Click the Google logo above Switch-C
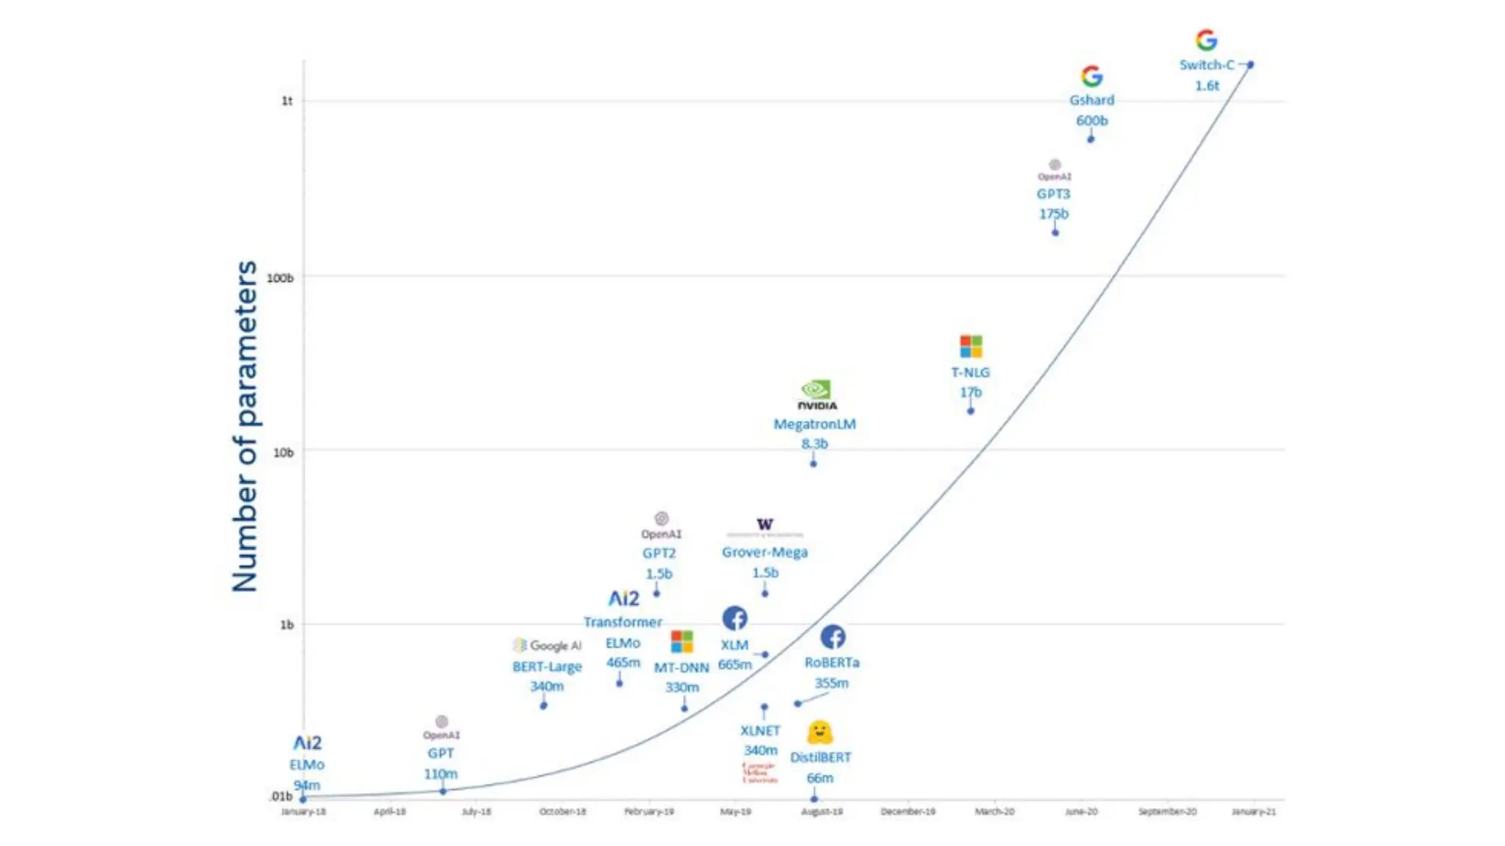click(1206, 40)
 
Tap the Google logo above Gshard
click(1092, 76)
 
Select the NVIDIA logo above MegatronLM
click(816, 394)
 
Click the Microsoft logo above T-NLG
click(971, 346)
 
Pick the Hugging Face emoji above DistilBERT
click(819, 732)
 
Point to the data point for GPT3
click(1055, 233)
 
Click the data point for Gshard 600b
click(1091, 139)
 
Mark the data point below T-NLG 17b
click(971, 411)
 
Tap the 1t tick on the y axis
click(287, 101)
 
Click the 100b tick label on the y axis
click(279, 278)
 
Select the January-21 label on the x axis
click(1254, 811)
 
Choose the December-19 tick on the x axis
click(908, 811)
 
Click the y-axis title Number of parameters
click(245, 426)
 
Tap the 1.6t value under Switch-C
click(1207, 85)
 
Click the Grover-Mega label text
click(764, 552)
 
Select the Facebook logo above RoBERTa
click(833, 637)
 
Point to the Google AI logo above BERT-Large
click(547, 646)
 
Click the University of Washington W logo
click(765, 524)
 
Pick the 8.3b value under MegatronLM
click(814, 444)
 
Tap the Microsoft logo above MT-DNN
click(682, 641)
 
